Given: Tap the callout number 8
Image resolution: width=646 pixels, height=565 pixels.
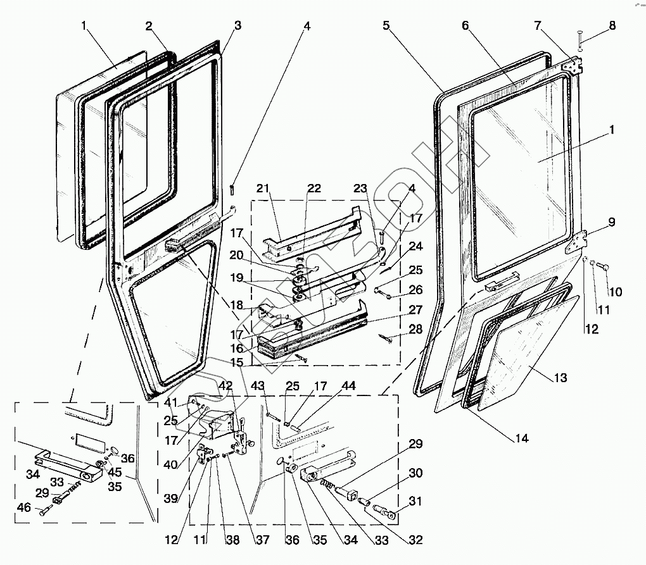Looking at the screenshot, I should [x=612, y=26].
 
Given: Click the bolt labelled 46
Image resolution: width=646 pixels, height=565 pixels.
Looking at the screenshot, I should [x=44, y=511].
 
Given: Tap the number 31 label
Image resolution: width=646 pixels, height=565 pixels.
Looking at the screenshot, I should [x=415, y=502].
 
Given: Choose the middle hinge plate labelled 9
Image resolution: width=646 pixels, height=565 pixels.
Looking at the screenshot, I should [x=577, y=242].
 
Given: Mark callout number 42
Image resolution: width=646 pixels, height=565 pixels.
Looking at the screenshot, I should [x=226, y=385].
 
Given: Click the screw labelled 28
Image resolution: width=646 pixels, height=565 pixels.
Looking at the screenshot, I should [x=386, y=338].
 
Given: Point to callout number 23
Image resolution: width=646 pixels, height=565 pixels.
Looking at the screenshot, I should [x=360, y=188].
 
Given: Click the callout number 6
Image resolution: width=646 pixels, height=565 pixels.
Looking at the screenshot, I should [x=465, y=26].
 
